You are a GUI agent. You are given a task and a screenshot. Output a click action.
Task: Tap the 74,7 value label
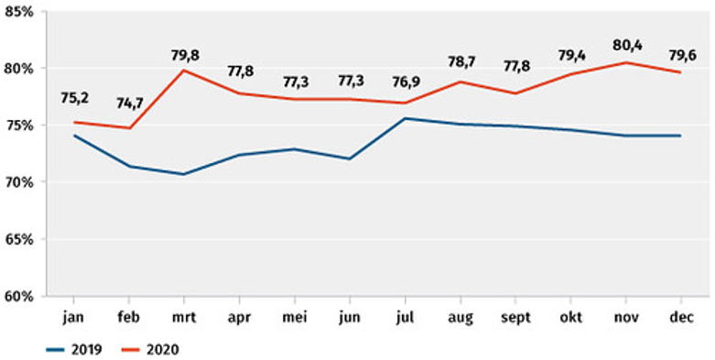pos(131,104)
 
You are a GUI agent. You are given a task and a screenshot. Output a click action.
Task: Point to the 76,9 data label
pos(406,82)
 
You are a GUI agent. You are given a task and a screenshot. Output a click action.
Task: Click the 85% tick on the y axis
pos(19,11)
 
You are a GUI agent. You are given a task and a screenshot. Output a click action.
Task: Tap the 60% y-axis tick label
pos(19,296)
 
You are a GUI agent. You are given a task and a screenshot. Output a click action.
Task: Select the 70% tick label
pos(19,182)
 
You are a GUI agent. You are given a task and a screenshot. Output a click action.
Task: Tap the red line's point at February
pos(131,127)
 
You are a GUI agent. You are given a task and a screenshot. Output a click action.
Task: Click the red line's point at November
pos(626,62)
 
